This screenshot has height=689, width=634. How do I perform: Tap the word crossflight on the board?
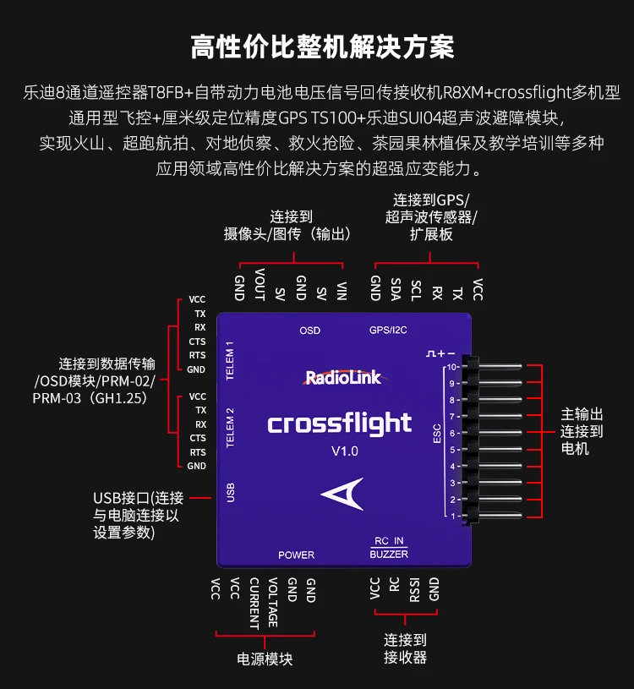340,423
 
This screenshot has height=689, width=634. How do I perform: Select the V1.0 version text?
344,451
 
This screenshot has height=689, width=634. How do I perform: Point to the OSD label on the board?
310,330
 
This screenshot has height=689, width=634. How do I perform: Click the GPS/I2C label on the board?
387,330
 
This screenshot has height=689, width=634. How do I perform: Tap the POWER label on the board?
296,555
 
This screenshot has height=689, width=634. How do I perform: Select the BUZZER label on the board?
389,555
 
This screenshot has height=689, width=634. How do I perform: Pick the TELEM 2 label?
230,428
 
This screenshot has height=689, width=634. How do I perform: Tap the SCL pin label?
416,288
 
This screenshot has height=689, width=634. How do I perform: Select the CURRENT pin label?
254,603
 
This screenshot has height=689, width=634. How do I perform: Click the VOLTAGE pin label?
273,602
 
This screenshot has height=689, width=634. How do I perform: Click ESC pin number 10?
453,367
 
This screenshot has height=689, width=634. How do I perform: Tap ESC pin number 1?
453,516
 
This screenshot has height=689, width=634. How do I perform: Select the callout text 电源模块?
265,659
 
